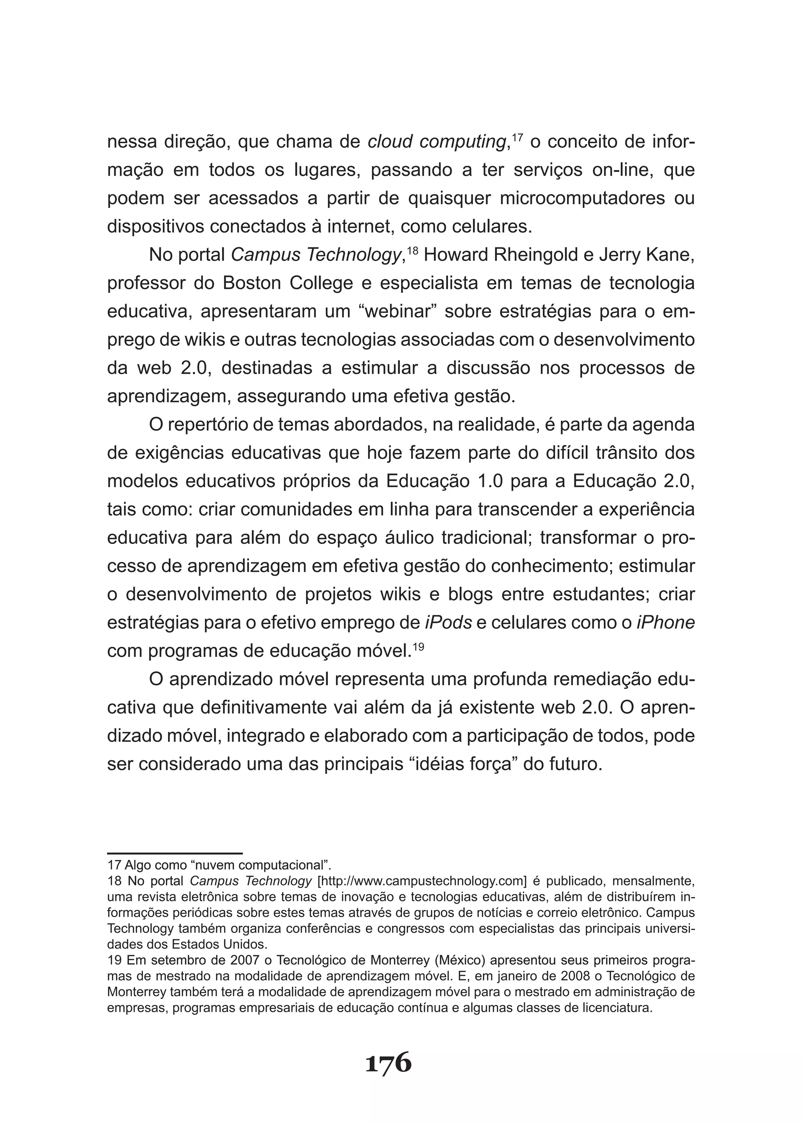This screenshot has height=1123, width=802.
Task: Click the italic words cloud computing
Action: click(x=437, y=142)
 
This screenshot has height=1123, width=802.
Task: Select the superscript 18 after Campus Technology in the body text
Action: click(x=414, y=250)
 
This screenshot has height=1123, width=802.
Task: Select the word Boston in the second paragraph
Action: click(x=251, y=283)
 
